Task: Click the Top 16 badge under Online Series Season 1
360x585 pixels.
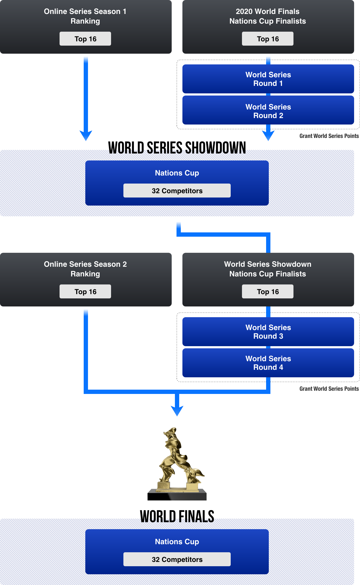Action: (x=85, y=39)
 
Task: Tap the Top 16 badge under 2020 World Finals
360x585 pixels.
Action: (x=268, y=39)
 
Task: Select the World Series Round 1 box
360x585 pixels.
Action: (x=268, y=79)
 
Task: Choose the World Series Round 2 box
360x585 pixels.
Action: (x=268, y=111)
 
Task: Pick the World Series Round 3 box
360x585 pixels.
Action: (x=268, y=332)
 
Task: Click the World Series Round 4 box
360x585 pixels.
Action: (x=268, y=363)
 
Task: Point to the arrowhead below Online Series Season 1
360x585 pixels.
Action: (x=86, y=135)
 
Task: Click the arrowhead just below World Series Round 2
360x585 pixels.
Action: (x=268, y=135)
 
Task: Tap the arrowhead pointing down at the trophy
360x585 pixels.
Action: (x=177, y=411)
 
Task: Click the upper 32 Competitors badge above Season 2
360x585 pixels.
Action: (x=177, y=191)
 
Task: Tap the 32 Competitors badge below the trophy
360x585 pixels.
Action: (x=177, y=560)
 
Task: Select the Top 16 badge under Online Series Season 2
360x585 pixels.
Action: (x=85, y=292)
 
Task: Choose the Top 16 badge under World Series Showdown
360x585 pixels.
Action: (x=268, y=292)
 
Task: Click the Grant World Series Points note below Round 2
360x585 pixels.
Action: (x=329, y=136)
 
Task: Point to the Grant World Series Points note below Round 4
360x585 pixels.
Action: (x=329, y=389)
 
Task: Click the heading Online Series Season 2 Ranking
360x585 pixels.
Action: (x=85, y=269)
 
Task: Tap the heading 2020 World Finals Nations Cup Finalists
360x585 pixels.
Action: (x=268, y=16)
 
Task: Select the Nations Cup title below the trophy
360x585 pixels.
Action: (x=177, y=542)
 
